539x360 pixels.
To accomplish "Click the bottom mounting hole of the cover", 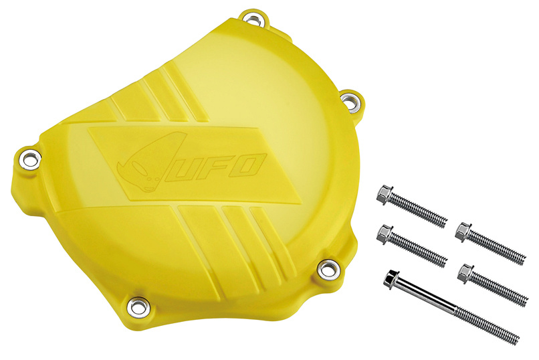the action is pyautogui.click(x=138, y=306).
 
